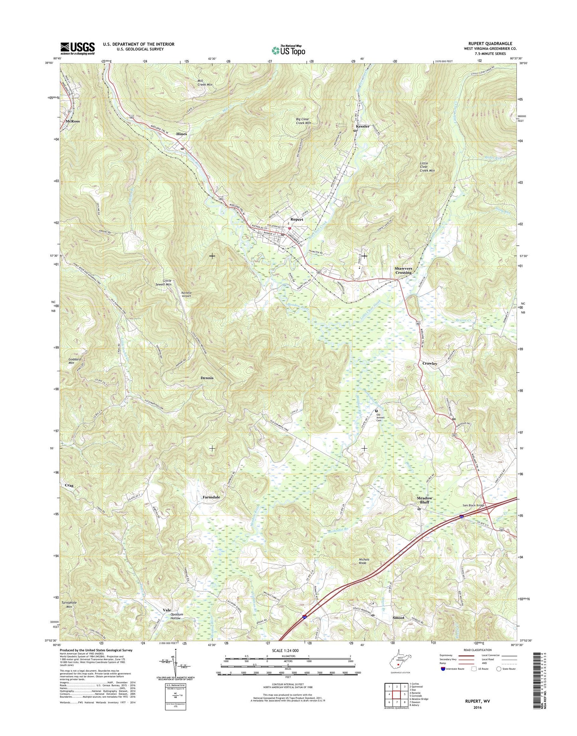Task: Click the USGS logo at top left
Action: point(77,48)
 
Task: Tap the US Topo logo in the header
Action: point(288,50)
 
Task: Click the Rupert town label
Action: point(297,219)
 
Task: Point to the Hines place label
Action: point(182,134)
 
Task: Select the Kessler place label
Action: point(363,126)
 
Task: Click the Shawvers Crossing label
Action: point(403,270)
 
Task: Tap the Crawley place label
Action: point(430,364)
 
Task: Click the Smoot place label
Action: point(398,617)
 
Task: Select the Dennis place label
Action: point(207,378)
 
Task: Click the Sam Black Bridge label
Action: point(474,505)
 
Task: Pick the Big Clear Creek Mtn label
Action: point(303,121)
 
